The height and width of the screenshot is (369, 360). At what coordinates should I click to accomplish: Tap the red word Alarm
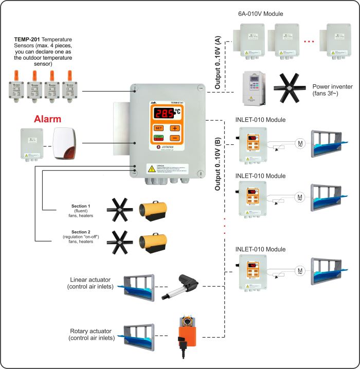tap(47, 119)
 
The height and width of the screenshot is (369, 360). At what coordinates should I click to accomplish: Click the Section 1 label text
tap(81, 206)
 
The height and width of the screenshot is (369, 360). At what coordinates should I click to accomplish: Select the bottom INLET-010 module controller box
tap(251, 271)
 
